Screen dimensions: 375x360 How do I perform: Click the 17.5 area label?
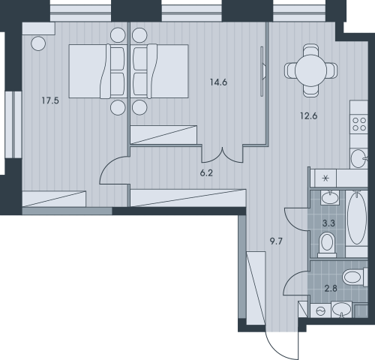[50, 100]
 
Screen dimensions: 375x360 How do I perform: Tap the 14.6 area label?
[218, 82]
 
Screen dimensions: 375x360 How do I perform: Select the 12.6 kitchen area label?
[309, 116]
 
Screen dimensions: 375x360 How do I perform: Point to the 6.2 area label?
[206, 172]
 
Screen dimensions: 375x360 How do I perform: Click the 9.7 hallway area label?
[276, 241]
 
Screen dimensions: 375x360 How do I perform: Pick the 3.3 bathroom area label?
[328, 223]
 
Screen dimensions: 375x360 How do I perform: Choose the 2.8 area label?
[331, 289]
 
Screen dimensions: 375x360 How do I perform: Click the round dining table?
[310, 70]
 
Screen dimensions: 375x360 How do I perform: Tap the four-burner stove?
[359, 124]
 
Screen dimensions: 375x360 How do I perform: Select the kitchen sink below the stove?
[359, 158]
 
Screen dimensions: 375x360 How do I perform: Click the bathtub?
[357, 218]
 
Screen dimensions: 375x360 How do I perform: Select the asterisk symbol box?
[325, 178]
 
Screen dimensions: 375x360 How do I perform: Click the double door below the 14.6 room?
[222, 155]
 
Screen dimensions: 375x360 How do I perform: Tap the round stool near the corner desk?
[38, 43]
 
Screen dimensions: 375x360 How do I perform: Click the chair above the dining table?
[310, 49]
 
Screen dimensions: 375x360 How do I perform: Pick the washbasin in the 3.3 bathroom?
[330, 198]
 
